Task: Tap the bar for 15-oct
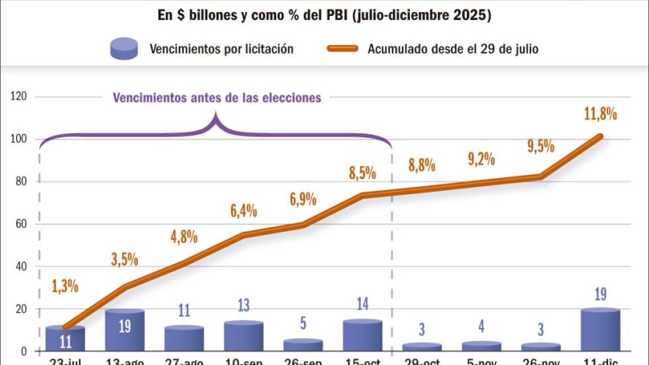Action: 362,335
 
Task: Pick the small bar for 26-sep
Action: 303,345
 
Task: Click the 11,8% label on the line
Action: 600,113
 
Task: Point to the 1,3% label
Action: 65,287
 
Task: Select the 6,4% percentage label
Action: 243,211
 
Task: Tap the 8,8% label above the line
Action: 422,166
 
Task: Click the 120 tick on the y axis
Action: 19,97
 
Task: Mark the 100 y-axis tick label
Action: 19,139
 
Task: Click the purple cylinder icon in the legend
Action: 125,48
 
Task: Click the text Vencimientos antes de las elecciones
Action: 217,98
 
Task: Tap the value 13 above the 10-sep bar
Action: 243,305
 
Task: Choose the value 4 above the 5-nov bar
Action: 481,327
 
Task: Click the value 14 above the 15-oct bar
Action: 362,304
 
